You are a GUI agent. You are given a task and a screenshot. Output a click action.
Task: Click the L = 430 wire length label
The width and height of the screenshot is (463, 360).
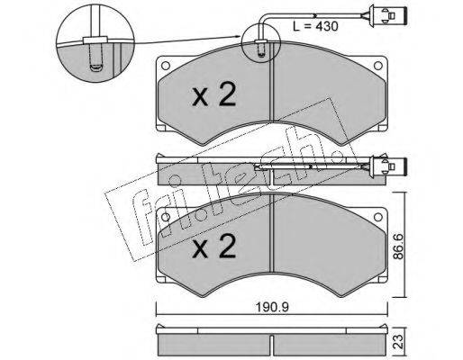click(315, 26)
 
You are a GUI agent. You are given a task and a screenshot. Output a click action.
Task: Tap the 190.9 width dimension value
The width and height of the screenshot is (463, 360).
click(272, 307)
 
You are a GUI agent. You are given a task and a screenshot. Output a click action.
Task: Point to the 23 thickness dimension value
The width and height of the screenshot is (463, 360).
click(398, 341)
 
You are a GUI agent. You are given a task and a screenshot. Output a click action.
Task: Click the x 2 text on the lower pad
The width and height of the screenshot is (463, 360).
click(214, 246)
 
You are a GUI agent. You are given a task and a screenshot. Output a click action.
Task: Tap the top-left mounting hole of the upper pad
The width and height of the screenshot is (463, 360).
click(166, 66)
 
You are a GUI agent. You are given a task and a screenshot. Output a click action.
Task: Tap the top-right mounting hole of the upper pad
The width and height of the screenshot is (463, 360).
click(377, 66)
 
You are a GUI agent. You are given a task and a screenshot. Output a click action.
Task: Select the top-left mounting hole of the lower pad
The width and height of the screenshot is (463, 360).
click(166, 217)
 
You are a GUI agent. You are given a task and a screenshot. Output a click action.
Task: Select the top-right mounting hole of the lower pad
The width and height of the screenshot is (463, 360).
click(377, 217)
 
